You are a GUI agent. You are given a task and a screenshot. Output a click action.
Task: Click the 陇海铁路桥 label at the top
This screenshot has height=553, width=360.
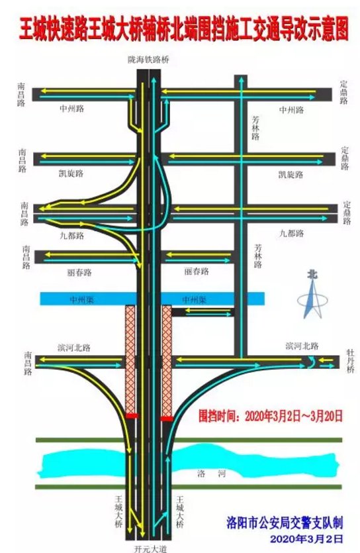(x=148, y=60)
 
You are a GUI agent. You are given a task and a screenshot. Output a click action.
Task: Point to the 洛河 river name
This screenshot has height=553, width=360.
(x=211, y=474)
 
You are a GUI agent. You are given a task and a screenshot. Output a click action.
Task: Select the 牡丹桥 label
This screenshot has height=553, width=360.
(x=351, y=361)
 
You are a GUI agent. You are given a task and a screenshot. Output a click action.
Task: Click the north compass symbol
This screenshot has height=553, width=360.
(x=312, y=294)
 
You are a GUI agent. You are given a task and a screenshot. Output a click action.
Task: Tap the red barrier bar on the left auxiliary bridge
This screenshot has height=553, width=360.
(x=132, y=416)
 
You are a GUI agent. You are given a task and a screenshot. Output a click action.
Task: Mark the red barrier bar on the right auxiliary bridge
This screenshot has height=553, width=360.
(x=167, y=419)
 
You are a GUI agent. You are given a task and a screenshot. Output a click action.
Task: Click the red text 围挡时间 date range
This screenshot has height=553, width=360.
(x=271, y=416)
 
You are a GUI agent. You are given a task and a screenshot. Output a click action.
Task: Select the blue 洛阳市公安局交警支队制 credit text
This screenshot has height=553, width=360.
(x=285, y=523)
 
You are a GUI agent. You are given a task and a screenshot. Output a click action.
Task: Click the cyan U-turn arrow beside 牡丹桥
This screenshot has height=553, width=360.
(x=311, y=362)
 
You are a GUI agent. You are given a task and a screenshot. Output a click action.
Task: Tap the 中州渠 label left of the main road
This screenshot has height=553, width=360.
(x=81, y=300)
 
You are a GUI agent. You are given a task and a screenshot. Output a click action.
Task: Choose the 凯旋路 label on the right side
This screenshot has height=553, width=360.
(x=291, y=175)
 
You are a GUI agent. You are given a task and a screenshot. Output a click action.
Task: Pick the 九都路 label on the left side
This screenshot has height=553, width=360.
(x=72, y=235)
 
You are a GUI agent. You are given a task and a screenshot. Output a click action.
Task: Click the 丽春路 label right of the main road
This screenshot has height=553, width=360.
(x=197, y=272)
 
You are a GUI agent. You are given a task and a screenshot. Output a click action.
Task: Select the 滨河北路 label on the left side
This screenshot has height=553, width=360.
(x=74, y=348)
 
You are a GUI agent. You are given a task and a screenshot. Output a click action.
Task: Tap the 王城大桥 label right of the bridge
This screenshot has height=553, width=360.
(x=180, y=511)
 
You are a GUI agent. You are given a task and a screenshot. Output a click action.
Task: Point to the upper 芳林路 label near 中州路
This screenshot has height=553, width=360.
(x=255, y=128)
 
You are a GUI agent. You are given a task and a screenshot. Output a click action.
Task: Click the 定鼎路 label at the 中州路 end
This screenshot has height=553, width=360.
(x=344, y=93)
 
